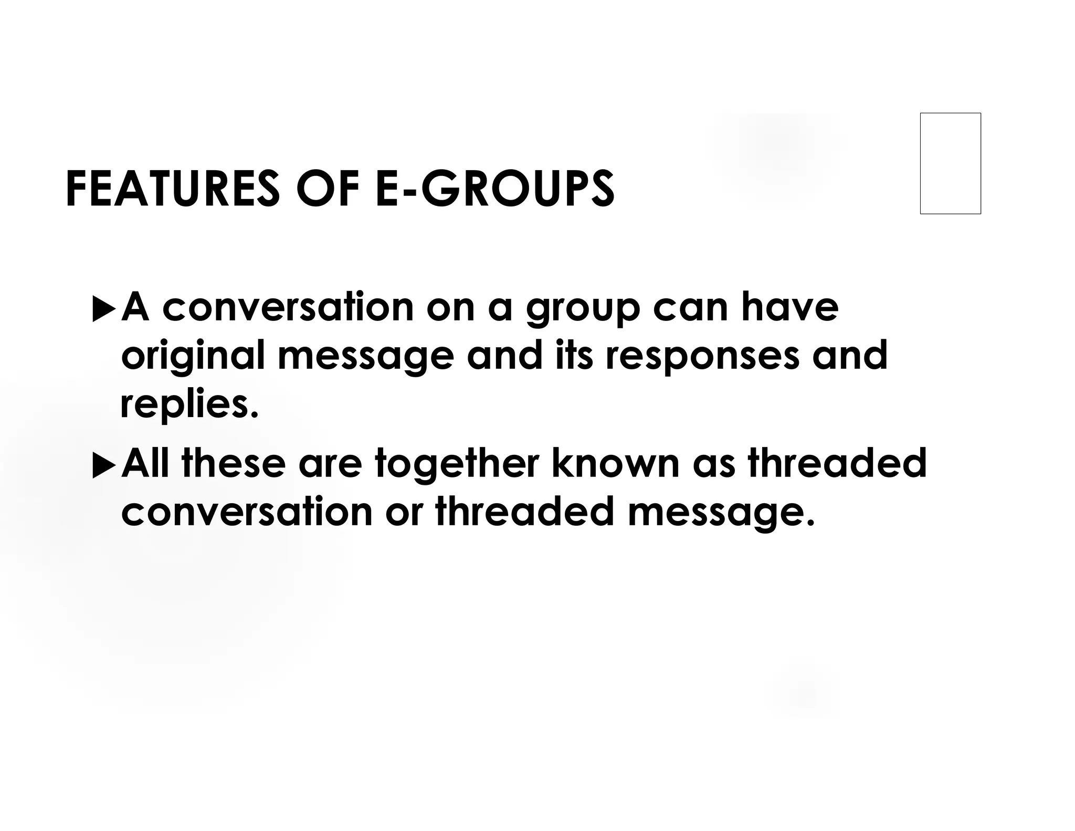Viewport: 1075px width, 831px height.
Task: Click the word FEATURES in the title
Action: pyautogui.click(x=172, y=189)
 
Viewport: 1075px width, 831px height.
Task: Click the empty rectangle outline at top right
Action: pyautogui.click(x=950, y=163)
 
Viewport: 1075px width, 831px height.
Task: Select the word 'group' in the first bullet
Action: pyautogui.click(x=583, y=310)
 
